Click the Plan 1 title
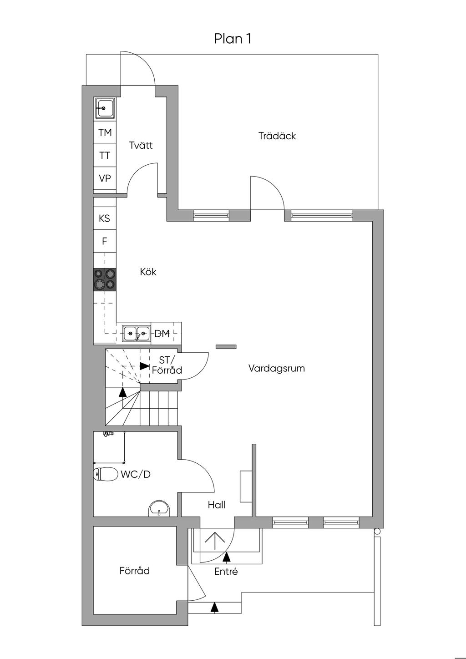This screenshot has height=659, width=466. coord(233,39)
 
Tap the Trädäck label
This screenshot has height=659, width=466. coord(277,136)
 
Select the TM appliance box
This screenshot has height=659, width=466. coord(105,132)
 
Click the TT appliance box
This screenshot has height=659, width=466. coord(105,155)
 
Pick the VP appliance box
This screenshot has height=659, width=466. coord(105,178)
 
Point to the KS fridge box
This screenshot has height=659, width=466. coord(105,218)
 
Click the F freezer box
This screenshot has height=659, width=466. coord(105,242)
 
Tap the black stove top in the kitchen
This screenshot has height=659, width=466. coord(105,280)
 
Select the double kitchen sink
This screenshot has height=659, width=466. coord(137,334)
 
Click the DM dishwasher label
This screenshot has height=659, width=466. coord(162,334)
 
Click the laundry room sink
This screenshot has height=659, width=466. coord(104,109)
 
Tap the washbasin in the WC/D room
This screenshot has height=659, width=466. coord(159,507)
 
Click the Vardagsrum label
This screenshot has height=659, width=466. coord(277,368)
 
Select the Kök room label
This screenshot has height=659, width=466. coord(148,272)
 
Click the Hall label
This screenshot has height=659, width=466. coord(217,505)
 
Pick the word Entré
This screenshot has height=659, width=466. coord(226,571)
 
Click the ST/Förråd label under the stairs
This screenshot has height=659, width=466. coord(167,365)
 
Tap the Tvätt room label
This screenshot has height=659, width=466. coord(141,145)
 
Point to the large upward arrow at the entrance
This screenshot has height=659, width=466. coord(215,541)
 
